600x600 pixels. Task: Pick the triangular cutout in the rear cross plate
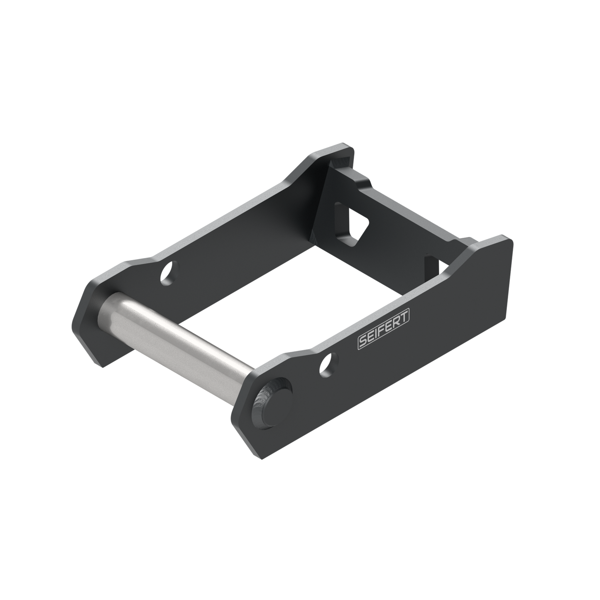pyautogui.click(x=358, y=225)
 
